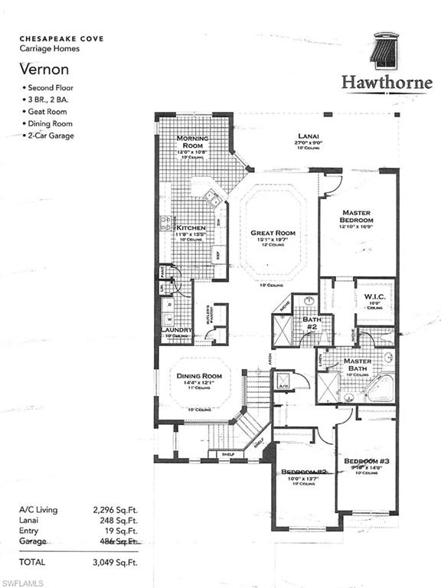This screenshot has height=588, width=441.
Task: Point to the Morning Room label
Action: click(x=192, y=142)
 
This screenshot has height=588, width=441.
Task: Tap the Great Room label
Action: click(x=273, y=233)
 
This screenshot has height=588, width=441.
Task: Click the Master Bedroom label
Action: click(x=356, y=217)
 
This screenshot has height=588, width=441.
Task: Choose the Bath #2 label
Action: click(x=312, y=322)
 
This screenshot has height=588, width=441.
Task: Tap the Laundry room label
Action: click(x=175, y=331)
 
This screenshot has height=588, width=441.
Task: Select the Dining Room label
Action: click(x=199, y=376)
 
